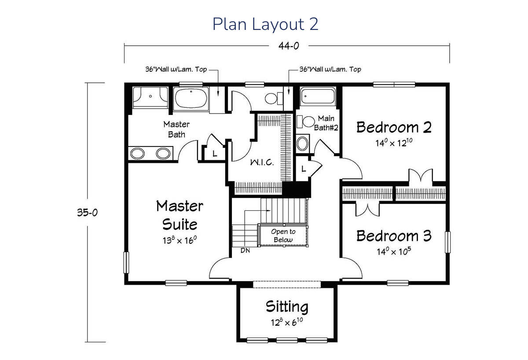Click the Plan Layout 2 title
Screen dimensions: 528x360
pyautogui.click(x=265, y=24)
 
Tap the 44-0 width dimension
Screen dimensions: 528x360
pyautogui.click(x=289, y=46)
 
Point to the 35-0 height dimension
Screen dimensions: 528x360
pyautogui.click(x=87, y=213)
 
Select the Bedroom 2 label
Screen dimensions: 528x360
pyautogui.click(x=394, y=127)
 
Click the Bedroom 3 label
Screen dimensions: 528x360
pyautogui.click(x=394, y=236)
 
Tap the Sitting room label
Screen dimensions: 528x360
pyautogui.click(x=287, y=307)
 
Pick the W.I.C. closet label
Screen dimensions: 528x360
pyautogui.click(x=262, y=162)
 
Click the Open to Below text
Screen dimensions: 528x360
pyautogui.click(x=283, y=235)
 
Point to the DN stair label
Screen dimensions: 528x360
pyautogui.click(x=245, y=250)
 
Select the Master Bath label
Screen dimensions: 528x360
pyautogui.click(x=176, y=129)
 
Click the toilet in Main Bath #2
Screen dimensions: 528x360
pyautogui.click(x=305, y=121)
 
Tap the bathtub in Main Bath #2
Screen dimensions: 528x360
pyautogui.click(x=318, y=96)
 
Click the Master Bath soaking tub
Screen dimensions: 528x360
pyautogui.click(x=191, y=98)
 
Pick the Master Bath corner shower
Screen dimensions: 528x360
pyautogui.click(x=150, y=97)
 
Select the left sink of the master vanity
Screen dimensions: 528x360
pyautogui.click(x=137, y=154)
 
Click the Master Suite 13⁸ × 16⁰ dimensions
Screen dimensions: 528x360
pyautogui.click(x=180, y=240)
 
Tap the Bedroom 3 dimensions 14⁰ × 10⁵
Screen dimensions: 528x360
pyautogui.click(x=394, y=251)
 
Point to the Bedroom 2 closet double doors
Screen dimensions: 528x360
pyautogui.click(x=421, y=176)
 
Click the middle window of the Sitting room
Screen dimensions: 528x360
pyautogui.click(x=287, y=340)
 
